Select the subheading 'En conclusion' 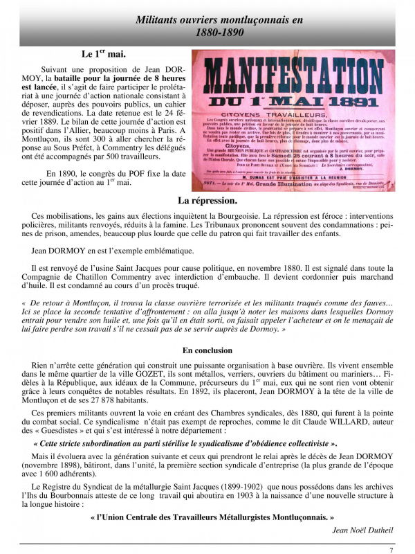pos(207,351)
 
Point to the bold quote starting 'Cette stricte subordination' pos(187,443)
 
